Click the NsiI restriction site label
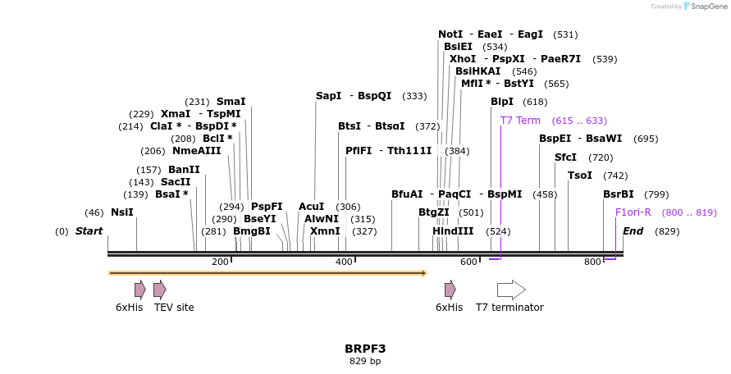pos(121,212)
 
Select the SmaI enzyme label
pos(231,102)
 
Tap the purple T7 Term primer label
pos(520,121)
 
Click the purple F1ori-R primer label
pos(633,212)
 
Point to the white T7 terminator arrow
pos(511,290)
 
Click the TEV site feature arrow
pos(160,290)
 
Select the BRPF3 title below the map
pos(365,349)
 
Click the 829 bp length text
pos(365,361)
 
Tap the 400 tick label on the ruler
pos(344,262)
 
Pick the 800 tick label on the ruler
pos(592,262)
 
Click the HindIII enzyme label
pos(453,231)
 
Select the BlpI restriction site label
pos(501,102)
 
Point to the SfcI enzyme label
pos(565,157)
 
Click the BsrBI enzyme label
pos(618,194)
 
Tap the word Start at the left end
pos(89,231)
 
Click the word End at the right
pos(633,231)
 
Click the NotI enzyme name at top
pos(450,34)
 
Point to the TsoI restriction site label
pos(579,176)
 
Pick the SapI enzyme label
pos(328,96)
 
